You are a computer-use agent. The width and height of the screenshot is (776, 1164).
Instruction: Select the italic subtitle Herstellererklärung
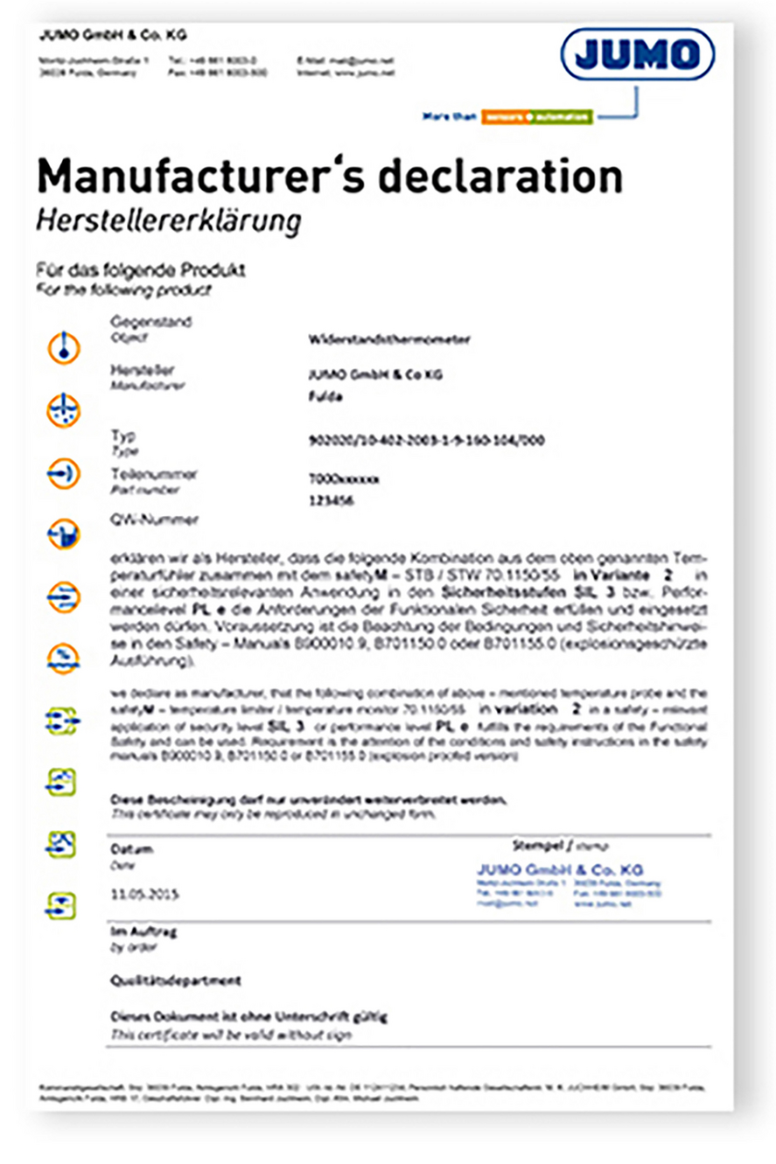168,221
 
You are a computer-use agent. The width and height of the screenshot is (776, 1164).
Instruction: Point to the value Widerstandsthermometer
389,339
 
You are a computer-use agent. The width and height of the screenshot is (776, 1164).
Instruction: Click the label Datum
131,849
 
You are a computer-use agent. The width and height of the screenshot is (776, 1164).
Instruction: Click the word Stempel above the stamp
537,846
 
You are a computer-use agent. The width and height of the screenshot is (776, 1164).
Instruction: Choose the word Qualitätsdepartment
175,980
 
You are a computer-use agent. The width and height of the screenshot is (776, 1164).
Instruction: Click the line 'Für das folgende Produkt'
141,270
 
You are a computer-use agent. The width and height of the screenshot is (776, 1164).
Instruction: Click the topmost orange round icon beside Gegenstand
64,348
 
